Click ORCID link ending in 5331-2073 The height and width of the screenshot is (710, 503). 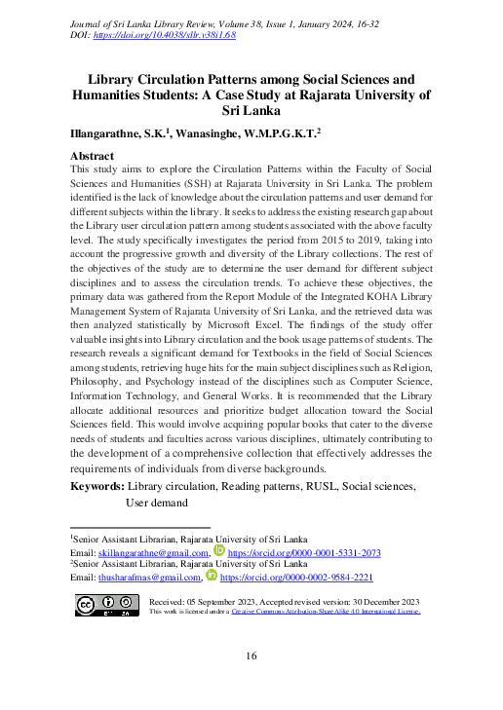[x=304, y=553]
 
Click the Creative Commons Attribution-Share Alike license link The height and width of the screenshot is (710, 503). [x=325, y=612]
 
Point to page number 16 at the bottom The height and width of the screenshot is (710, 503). [x=251, y=657]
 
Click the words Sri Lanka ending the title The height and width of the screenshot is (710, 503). [x=251, y=112]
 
